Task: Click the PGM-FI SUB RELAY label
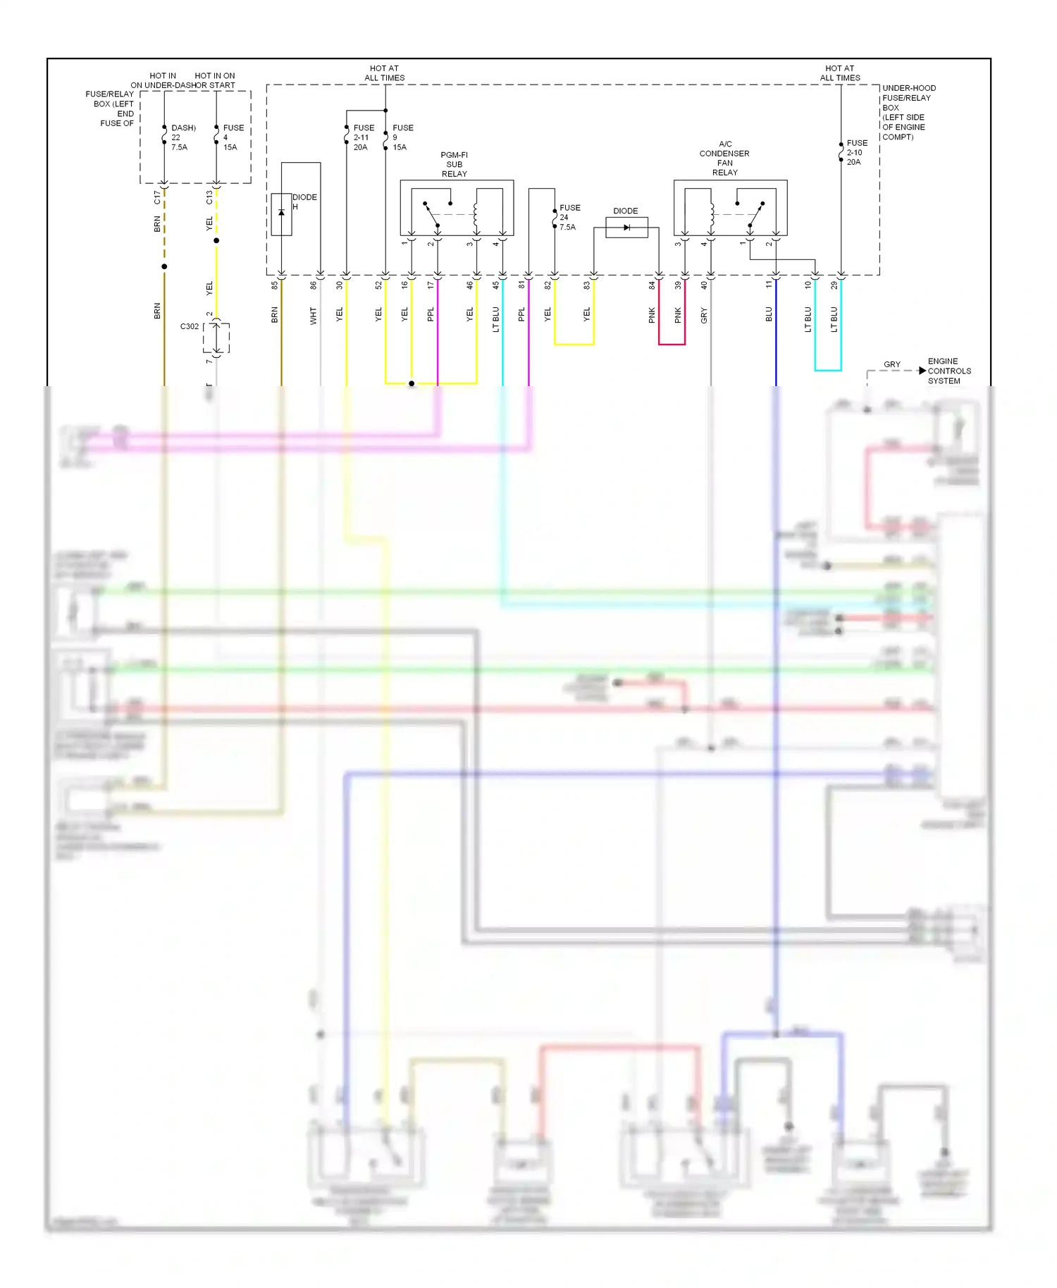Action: tap(454, 164)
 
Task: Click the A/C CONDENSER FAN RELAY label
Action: tap(724, 159)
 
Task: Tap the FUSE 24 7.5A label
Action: tap(569, 218)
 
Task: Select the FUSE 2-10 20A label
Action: tap(856, 152)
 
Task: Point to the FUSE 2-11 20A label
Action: tap(363, 137)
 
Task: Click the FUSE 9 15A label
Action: tap(402, 137)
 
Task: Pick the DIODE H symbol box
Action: tap(281, 213)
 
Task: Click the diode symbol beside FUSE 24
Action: tap(626, 228)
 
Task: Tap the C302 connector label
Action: tap(190, 327)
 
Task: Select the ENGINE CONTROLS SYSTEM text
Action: tap(948, 371)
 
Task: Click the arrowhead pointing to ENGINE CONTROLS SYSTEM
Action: tap(922, 371)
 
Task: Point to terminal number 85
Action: tap(275, 285)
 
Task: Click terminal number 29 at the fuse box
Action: tap(834, 285)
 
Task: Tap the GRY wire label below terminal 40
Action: tap(703, 316)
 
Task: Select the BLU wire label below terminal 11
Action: tap(769, 314)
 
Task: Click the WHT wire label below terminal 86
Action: tap(314, 316)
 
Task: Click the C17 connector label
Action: tap(157, 197)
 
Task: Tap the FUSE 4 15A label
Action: tap(233, 137)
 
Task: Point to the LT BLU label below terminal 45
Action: tap(495, 318)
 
